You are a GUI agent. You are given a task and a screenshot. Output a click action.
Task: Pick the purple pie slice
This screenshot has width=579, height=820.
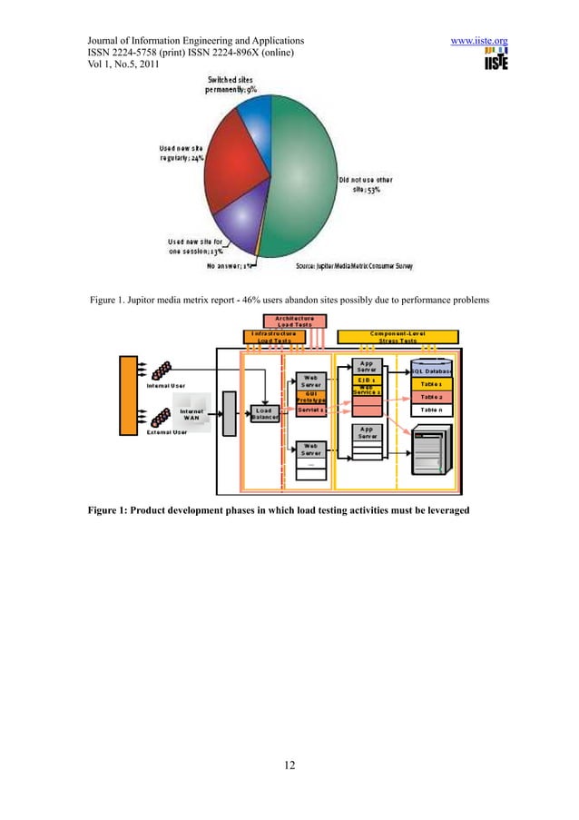pyautogui.click(x=232, y=227)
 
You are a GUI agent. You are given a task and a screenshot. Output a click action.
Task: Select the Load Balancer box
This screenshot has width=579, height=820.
pyautogui.click(x=265, y=415)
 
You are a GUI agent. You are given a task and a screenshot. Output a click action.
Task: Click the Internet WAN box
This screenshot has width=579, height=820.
pyautogui.click(x=191, y=415)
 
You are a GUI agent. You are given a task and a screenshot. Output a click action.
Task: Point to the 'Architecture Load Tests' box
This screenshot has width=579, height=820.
pyautogui.click(x=289, y=321)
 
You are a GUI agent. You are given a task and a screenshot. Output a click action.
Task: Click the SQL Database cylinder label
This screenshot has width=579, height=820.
pyautogui.click(x=431, y=370)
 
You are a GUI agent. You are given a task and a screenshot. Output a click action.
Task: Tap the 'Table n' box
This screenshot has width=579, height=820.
pyautogui.click(x=431, y=410)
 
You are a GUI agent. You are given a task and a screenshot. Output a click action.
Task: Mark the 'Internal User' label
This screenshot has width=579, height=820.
pyautogui.click(x=166, y=386)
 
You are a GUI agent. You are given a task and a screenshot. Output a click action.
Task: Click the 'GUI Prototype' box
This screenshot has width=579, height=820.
pyautogui.click(x=311, y=396)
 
